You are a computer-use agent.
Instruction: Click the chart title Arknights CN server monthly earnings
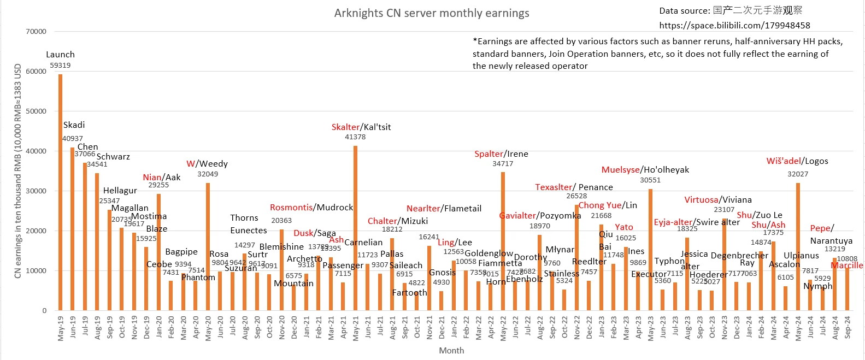(432, 13)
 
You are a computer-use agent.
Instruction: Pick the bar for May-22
(503, 241)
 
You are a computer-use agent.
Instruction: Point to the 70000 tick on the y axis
(36, 32)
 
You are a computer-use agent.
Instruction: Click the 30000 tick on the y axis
(36, 191)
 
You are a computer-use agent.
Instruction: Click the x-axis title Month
(451, 351)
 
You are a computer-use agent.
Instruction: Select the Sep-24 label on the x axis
(848, 328)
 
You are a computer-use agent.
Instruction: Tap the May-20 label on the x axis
(208, 328)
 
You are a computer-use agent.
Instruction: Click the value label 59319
(60, 66)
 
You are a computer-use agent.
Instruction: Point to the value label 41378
(355, 137)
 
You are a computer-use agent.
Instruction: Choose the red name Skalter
(345, 127)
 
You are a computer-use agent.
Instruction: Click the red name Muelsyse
(620, 170)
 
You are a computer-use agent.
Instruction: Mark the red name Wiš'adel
(784, 161)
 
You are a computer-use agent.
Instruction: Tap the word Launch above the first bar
(60, 55)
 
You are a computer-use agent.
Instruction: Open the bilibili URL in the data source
(734, 25)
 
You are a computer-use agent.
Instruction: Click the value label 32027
(798, 174)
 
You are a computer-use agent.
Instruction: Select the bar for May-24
(798, 246)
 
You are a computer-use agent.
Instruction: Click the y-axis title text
(17, 171)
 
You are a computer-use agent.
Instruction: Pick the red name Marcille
(847, 265)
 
